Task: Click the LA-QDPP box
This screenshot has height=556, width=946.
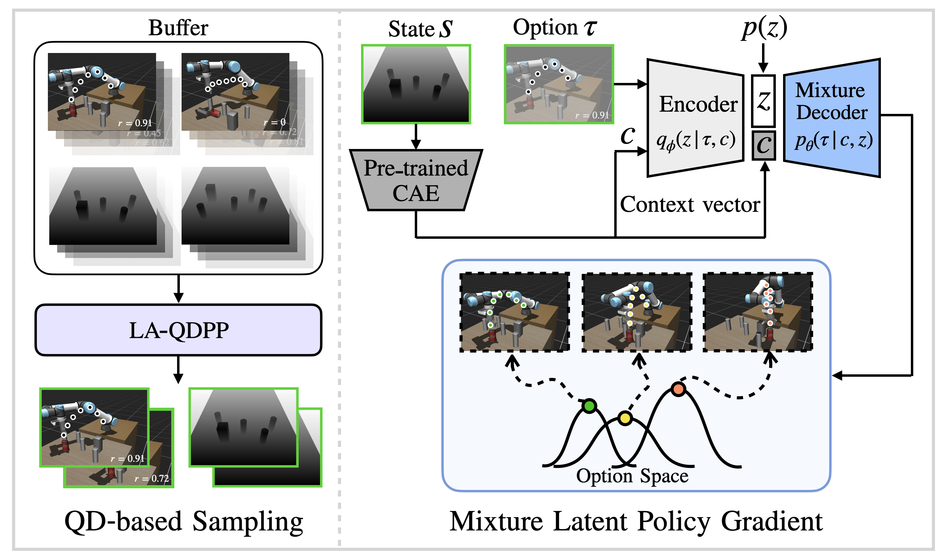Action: (179, 330)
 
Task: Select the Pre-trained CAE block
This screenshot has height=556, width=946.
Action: (415, 180)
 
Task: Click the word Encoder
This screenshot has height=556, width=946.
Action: (698, 104)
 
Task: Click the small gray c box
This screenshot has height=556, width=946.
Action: (763, 146)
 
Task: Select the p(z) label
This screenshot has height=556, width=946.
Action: (764, 28)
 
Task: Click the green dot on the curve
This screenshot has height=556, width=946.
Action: (589, 406)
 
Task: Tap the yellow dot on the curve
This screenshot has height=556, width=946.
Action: (625, 418)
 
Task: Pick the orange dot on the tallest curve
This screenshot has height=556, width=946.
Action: (678, 389)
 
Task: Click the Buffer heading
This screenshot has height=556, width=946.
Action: (178, 28)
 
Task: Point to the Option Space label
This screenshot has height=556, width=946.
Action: (632, 476)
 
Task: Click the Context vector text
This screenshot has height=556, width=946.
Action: (690, 205)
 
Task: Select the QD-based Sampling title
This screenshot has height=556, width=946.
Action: (184, 522)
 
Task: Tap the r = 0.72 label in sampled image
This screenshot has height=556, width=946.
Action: (152, 479)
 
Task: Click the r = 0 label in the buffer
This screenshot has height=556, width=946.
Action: (275, 122)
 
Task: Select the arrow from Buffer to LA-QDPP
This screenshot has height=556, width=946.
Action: (179, 289)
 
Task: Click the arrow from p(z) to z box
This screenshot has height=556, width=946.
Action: (763, 58)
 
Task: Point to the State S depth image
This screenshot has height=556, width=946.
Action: (416, 84)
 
